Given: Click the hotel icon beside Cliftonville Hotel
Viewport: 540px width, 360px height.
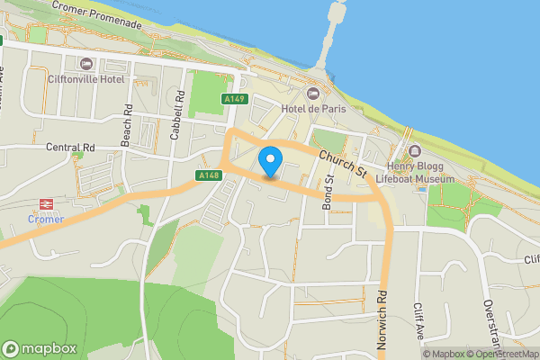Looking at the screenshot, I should pyautogui.click(x=87, y=64).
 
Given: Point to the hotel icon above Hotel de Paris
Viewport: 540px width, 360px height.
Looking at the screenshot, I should pyautogui.click(x=313, y=94).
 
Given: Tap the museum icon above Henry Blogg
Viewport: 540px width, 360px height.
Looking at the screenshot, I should pyautogui.click(x=415, y=150).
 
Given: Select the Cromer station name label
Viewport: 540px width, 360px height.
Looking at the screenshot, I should pyautogui.click(x=44, y=219).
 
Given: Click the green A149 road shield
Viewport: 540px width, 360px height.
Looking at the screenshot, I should pyautogui.click(x=236, y=99).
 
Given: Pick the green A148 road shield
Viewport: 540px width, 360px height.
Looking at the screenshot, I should pyautogui.click(x=208, y=175).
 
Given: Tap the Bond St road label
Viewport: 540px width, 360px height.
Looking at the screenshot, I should pyautogui.click(x=329, y=192).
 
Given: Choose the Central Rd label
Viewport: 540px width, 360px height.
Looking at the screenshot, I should pyautogui.click(x=70, y=146).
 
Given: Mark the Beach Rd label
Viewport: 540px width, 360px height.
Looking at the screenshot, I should pyautogui.click(x=127, y=125).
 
